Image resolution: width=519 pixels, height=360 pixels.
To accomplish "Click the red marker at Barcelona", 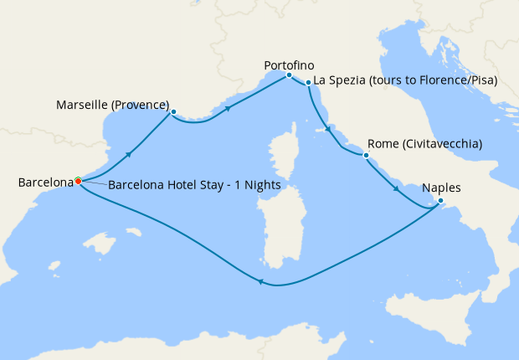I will coord(78,181).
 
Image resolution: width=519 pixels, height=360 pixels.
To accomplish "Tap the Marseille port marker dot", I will coord(172,112).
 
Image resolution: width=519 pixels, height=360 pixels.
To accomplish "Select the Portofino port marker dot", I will coord(289,75).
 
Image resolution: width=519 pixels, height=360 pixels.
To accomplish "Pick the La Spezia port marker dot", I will coord(308,82).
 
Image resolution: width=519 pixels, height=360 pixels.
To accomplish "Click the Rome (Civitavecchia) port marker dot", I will coord(365,156).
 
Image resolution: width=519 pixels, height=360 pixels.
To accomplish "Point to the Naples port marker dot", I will coord(441,200).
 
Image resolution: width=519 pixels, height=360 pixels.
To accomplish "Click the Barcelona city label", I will coord(45,181).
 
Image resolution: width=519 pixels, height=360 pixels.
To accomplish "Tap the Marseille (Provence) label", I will coord(112,105).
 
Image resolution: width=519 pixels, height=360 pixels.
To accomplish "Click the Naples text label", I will coord(441,188).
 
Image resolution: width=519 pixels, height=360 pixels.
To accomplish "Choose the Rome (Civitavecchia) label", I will coord(424,144).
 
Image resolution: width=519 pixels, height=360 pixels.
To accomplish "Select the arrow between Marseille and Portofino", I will coord(227,108).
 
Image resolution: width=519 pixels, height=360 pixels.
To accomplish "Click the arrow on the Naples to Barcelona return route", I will coord(261,283).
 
